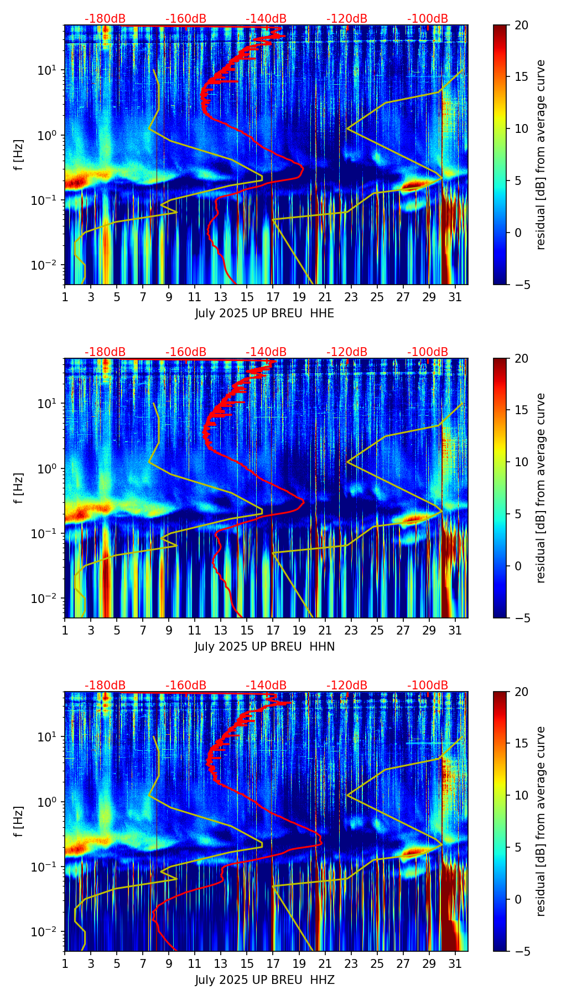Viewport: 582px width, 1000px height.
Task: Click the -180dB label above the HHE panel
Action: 105,19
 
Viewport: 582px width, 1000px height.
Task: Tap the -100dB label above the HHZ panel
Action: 428,685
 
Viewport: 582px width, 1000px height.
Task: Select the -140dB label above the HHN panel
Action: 266,352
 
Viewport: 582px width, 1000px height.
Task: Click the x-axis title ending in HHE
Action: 264,313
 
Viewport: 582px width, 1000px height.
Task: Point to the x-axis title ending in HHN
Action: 264,647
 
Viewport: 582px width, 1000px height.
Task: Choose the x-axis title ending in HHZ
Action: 264,980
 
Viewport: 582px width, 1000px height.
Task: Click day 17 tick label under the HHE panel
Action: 273,297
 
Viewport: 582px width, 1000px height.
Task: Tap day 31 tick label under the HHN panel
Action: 455,630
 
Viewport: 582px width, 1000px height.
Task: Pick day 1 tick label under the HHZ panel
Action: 65,963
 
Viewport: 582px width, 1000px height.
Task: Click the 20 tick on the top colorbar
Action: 521,25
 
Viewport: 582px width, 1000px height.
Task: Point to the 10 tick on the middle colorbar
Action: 521,462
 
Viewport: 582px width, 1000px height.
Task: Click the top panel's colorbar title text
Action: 541,154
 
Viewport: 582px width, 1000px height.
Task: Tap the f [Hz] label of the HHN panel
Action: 19,488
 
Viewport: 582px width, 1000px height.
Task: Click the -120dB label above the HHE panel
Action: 347,19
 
